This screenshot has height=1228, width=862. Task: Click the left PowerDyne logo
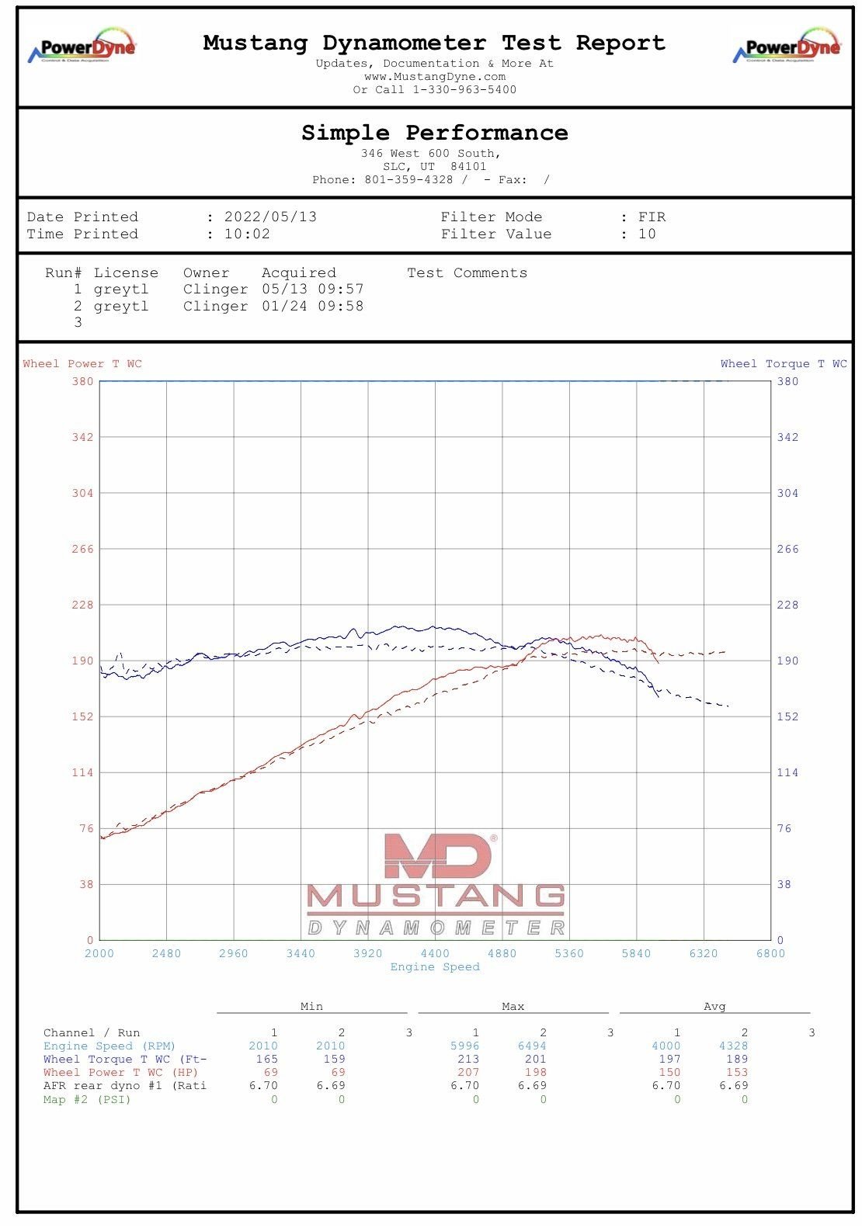coord(82,46)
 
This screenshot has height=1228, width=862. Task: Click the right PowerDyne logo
coord(787,46)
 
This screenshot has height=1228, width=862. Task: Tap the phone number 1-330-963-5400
coord(464,89)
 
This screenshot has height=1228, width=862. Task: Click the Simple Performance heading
coord(434,133)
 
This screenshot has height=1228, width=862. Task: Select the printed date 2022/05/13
coord(270,217)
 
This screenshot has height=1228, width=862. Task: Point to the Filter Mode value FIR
coord(652,217)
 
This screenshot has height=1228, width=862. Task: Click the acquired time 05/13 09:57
coord(312,289)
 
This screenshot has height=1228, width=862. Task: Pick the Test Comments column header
coord(467,272)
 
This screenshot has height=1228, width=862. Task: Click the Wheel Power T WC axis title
coord(82,363)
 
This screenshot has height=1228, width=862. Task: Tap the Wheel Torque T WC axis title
coord(784,363)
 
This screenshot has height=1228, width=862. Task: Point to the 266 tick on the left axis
coord(82,549)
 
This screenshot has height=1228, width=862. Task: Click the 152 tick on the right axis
coord(787,716)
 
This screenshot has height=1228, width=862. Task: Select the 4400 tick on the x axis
coord(435,953)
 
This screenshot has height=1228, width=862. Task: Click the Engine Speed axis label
coord(435,966)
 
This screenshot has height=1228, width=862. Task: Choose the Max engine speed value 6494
coord(532,1046)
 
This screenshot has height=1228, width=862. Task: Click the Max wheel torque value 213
coord(468,1059)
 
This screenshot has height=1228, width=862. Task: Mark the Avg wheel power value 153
coord(737,1072)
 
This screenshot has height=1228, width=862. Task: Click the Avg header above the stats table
coord(714,1006)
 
